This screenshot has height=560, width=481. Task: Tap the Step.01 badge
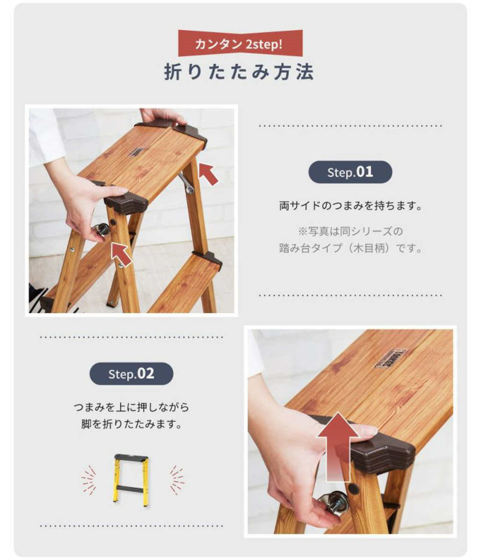point(350,172)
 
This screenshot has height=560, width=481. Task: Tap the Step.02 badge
point(131,374)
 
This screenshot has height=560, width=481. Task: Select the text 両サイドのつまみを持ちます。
point(350,206)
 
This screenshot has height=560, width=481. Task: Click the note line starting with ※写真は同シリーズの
point(350,231)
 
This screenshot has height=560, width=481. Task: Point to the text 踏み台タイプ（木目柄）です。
point(350,248)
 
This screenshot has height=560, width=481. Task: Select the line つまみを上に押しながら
point(131,407)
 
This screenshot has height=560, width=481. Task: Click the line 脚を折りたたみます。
point(131,425)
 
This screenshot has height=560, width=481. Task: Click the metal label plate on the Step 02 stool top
point(390,358)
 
